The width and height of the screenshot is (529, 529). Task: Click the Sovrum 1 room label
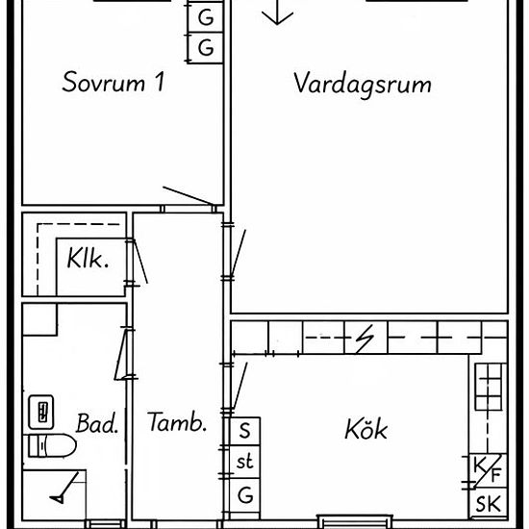pos(113,82)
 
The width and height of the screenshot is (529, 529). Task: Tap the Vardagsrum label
pos(363,85)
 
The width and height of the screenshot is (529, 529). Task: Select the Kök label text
pos(366,429)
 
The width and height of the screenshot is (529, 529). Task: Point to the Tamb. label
pos(177,422)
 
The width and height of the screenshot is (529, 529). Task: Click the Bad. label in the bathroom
pos(97,423)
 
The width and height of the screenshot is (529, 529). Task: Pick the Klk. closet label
pos(88,259)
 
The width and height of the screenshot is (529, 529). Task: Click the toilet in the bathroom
pos(51,445)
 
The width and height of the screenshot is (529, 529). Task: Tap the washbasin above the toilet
pos(41,412)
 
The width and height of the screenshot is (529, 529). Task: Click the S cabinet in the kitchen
pos(245,432)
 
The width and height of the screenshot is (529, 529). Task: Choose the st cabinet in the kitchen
pos(245,462)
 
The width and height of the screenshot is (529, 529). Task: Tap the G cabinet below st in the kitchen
pos(245,495)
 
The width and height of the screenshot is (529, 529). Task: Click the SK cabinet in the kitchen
pos(489,503)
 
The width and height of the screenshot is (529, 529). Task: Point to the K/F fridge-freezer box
pos(489,471)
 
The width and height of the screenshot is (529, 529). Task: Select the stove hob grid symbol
pos(491,387)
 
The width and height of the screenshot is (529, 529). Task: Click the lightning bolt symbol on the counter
pos(365,338)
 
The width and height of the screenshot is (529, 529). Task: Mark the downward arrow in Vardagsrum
pos(277,13)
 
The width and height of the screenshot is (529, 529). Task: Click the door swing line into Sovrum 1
pos(189,195)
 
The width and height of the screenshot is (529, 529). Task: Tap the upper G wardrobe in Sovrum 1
pos(206,17)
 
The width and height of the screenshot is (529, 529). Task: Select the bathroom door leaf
pos(120,355)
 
